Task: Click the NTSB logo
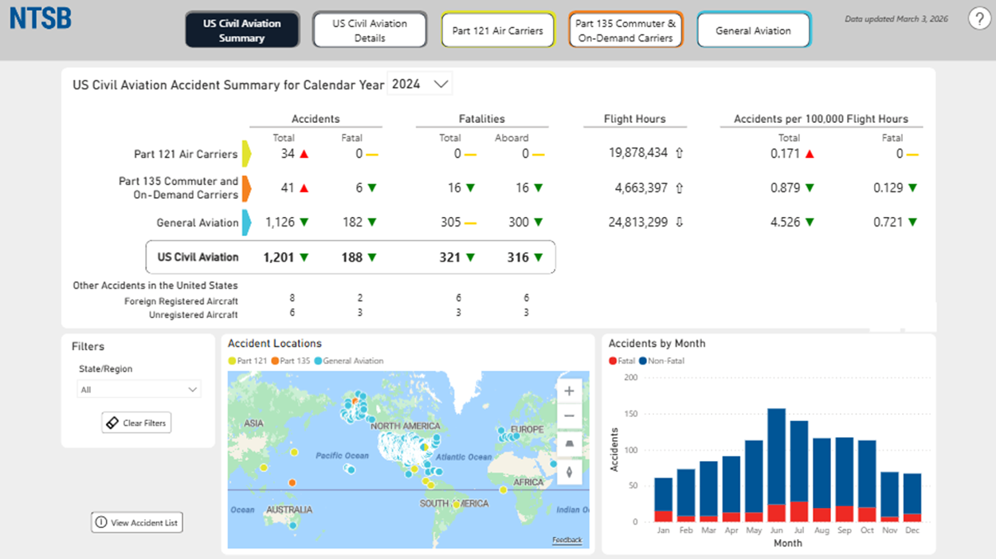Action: (41, 18)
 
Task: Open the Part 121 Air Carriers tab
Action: (497, 30)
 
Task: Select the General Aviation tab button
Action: (754, 30)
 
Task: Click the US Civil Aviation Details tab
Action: (370, 30)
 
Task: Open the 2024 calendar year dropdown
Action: (420, 84)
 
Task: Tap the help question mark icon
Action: (979, 19)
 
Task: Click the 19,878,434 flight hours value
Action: (638, 153)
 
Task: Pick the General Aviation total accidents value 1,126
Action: (280, 222)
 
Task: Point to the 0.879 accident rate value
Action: (785, 188)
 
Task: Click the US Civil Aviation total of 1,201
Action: (279, 258)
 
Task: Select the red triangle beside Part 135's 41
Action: (304, 188)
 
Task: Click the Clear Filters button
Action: (136, 423)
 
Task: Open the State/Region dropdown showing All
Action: (139, 389)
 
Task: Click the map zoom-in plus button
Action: (569, 392)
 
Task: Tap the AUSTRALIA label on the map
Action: (289, 510)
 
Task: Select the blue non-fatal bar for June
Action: (776, 457)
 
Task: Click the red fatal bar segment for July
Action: (799, 512)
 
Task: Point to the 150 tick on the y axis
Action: (631, 414)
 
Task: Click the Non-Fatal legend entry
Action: (661, 361)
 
